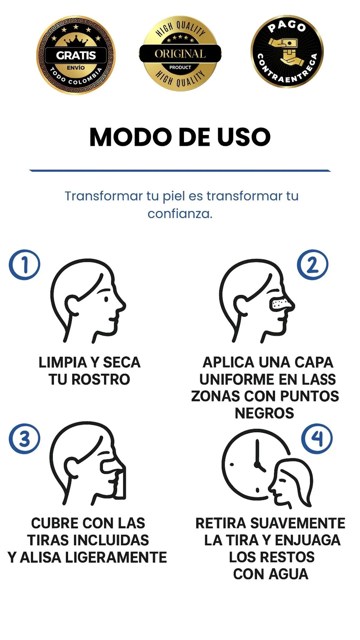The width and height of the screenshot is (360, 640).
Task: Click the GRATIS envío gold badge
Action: pyautogui.click(x=76, y=55)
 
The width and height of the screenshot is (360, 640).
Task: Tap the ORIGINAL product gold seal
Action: pyautogui.click(x=180, y=54)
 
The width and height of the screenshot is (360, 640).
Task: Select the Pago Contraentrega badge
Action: pyautogui.click(x=287, y=51)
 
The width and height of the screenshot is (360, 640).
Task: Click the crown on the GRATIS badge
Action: pyautogui.click(x=76, y=40)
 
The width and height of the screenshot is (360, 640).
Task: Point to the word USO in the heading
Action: pyautogui.click(x=243, y=137)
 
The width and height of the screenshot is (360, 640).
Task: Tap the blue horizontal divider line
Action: pyautogui.click(x=180, y=171)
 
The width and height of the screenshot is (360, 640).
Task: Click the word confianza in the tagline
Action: pyautogui.click(x=180, y=214)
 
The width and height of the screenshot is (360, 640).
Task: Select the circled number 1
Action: pyautogui.click(x=24, y=265)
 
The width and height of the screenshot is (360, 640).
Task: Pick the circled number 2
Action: pyautogui.click(x=312, y=265)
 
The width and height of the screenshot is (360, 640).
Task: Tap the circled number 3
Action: pyautogui.click(x=24, y=438)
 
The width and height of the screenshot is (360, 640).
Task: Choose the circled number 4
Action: pyautogui.click(x=317, y=438)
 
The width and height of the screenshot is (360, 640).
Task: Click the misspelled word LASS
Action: pyautogui.click(x=319, y=379)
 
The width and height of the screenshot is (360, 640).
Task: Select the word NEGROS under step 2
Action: pyautogui.click(x=264, y=413)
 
